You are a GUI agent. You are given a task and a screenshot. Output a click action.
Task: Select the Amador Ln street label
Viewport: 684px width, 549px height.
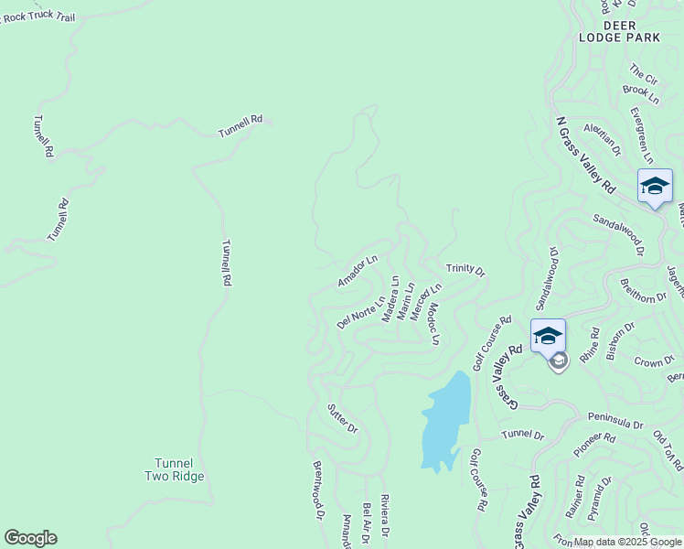pyautogui.click(x=357, y=272)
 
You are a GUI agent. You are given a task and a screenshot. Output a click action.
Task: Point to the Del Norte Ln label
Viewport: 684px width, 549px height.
pyautogui.click(x=361, y=311)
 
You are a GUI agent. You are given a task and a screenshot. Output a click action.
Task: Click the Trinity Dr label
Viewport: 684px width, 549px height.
pyautogui.click(x=465, y=270)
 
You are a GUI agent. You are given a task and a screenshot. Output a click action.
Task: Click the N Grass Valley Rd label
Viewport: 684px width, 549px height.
pyautogui.click(x=584, y=154)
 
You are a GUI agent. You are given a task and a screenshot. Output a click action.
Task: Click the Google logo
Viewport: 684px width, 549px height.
pyautogui.click(x=30, y=538)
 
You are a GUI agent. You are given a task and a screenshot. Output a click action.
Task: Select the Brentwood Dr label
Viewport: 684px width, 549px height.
pyautogui.click(x=319, y=490)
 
